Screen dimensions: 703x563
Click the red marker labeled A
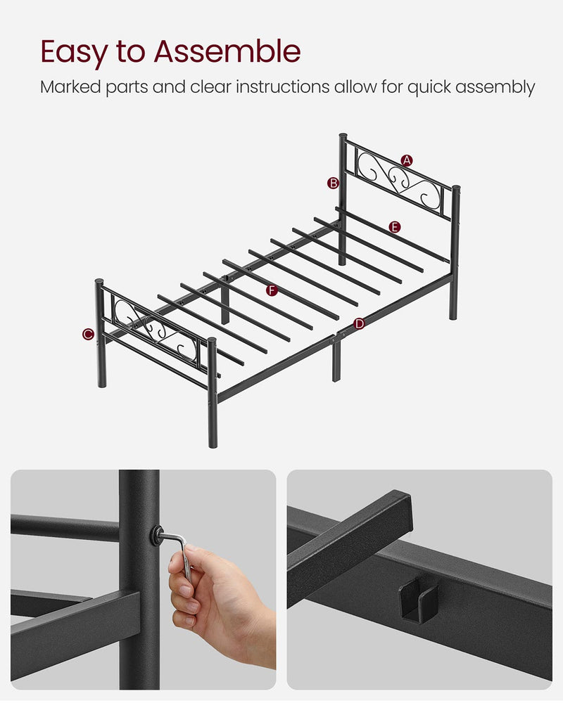point(407,160)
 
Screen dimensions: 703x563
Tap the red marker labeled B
point(333,183)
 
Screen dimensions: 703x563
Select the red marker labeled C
point(88,334)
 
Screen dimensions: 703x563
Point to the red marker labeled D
point(360,323)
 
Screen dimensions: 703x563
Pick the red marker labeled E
point(394,226)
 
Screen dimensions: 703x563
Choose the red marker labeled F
point(271,290)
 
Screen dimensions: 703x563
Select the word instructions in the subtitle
point(281,87)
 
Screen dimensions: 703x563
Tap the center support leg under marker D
point(336,359)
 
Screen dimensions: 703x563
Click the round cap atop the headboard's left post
point(343,136)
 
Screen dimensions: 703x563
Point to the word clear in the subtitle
point(211,87)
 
